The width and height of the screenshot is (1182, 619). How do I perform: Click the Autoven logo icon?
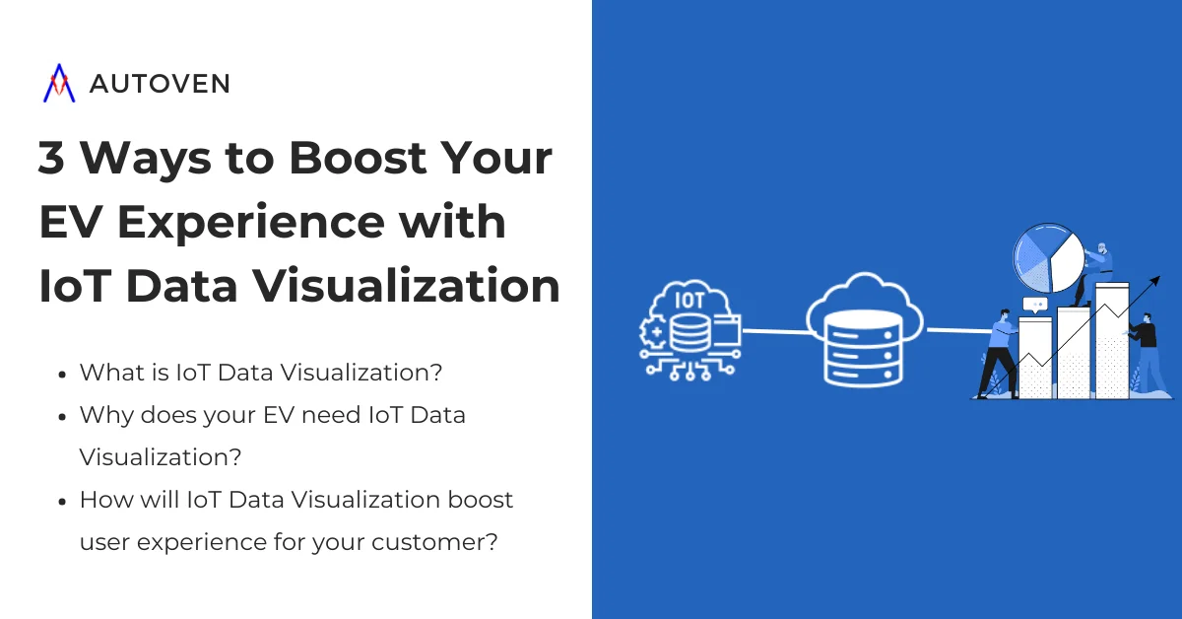click(x=59, y=84)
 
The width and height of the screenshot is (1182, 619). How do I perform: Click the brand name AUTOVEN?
click(x=160, y=85)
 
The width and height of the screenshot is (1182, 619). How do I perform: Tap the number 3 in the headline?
click(x=51, y=159)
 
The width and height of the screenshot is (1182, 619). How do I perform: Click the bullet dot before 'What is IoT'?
click(x=62, y=375)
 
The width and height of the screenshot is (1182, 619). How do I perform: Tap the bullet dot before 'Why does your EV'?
click(x=62, y=417)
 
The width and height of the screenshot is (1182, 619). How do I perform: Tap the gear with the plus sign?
click(x=654, y=331)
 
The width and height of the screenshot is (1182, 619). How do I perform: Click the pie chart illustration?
click(x=1048, y=260)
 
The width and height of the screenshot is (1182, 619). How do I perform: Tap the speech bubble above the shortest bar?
click(x=1033, y=305)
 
